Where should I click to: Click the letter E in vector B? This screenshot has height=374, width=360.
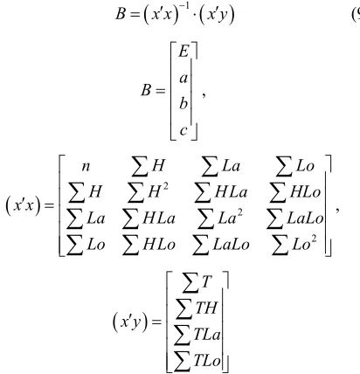pyautogui.click(x=183, y=52)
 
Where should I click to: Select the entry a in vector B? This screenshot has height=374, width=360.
pyautogui.click(x=183, y=78)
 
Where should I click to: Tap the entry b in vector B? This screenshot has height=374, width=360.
pyautogui.click(x=183, y=103)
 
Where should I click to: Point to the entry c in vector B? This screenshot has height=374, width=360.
pyautogui.click(x=183, y=130)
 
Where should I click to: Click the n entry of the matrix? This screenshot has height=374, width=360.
pyautogui.click(x=86, y=167)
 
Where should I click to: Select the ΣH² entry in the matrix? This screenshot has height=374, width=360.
pyautogui.click(x=148, y=192)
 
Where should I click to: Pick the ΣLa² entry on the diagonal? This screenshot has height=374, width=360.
pyautogui.click(x=219, y=218)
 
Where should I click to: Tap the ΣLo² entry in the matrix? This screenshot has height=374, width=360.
pyautogui.click(x=294, y=245)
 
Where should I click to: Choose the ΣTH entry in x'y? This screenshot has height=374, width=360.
pyautogui.click(x=197, y=308)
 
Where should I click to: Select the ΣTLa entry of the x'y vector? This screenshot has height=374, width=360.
pyautogui.click(x=197, y=335)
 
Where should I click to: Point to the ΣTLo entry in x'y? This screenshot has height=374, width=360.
pyautogui.click(x=197, y=361)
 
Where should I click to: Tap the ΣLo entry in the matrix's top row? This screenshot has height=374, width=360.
pyautogui.click(x=294, y=167)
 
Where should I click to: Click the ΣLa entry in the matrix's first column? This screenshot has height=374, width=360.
pyautogui.click(x=86, y=218)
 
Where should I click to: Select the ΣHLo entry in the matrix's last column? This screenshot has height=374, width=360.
pyautogui.click(x=294, y=192)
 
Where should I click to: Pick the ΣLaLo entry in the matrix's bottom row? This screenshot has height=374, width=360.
pyautogui.click(x=221, y=245)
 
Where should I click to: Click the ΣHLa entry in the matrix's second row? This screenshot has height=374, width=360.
pyautogui.click(x=220, y=192)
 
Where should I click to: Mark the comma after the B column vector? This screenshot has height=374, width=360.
pyautogui.click(x=204, y=95)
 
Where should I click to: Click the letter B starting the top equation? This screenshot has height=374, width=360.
pyautogui.click(x=121, y=14)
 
